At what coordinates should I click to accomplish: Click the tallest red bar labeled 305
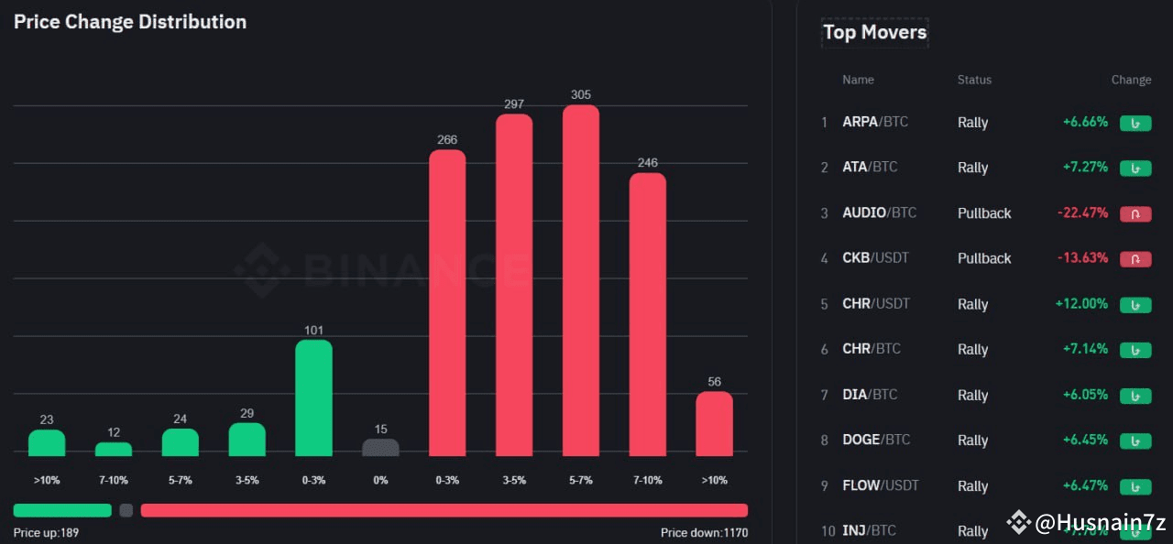580,280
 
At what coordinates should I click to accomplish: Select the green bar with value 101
313,397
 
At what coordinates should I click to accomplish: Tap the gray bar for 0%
380,447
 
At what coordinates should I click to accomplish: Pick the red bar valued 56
714,423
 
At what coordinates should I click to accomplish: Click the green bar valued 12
114,449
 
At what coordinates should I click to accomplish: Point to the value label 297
514,104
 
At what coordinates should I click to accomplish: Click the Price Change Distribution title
130,22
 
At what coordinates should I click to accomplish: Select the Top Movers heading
874,32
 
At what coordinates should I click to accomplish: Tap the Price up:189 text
46,532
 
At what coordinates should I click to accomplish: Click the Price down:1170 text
704,532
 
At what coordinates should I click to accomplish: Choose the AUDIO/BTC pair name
879,212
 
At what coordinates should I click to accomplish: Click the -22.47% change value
1082,212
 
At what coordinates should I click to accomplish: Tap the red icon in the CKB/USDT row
1135,258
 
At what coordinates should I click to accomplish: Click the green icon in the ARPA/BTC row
1135,123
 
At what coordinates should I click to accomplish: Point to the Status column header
974,80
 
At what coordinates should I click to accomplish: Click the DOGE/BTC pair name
876,440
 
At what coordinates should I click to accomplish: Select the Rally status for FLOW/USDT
972,486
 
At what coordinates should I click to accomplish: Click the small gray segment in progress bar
126,510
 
